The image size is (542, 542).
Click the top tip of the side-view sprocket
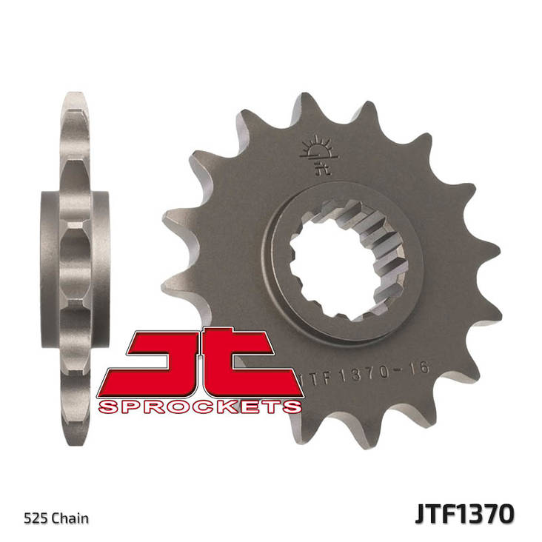76,96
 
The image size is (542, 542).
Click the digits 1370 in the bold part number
481,513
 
